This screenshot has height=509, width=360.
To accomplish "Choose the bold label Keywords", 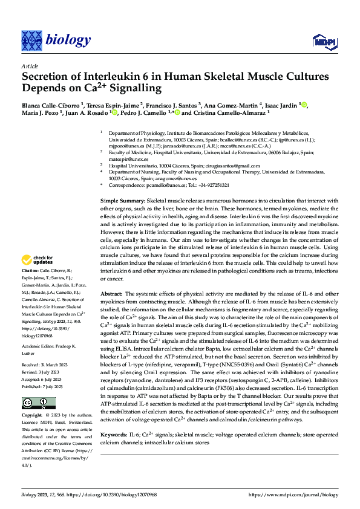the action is [114, 435].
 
